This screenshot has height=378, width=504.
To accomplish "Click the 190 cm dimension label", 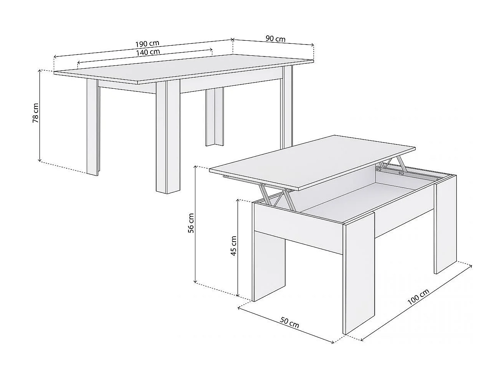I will coord(147,43).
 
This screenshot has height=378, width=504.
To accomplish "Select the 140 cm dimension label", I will coord(148,51).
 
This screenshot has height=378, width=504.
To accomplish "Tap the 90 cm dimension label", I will coord(275,39).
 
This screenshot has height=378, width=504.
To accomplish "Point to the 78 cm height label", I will coord(35,113).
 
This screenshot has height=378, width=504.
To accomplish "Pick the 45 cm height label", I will coord(233,246).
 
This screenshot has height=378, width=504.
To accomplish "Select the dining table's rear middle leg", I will coord(214,117).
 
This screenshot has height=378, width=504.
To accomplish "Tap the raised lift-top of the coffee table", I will coord(313,161).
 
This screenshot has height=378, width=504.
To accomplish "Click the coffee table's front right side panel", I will coord(359,277).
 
